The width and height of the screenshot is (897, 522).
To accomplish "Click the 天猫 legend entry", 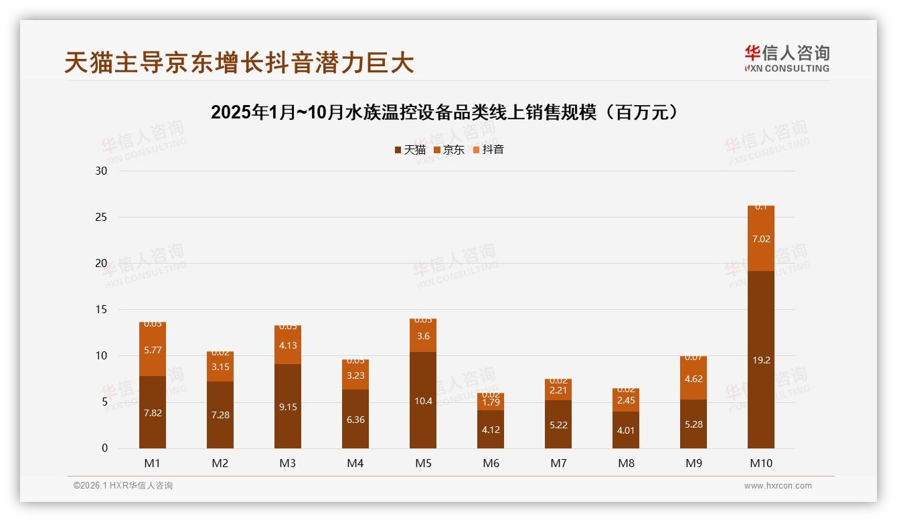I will (410, 149).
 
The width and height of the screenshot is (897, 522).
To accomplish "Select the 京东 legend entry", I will (448, 149).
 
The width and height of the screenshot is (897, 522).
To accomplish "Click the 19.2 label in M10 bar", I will (761, 360).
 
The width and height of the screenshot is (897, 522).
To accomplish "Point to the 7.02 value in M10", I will (761, 239).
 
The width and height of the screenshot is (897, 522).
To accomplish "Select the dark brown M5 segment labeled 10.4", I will (423, 401).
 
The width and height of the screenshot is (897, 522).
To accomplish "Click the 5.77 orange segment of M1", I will (153, 350).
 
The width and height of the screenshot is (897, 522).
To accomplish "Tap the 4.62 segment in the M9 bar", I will (694, 378).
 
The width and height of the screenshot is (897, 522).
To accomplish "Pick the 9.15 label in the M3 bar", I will (288, 406).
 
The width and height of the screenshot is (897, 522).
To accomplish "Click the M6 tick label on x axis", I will (491, 463).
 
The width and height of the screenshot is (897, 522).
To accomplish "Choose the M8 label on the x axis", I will (626, 463).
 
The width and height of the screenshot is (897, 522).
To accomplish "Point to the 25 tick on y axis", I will (101, 217).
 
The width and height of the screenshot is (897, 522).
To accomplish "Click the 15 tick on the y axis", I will (101, 310).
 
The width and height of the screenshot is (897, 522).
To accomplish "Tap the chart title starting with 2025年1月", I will (448, 112).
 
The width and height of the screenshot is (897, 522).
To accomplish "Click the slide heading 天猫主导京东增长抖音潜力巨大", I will (240, 62).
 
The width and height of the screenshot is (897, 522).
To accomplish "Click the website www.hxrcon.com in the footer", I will (778, 486).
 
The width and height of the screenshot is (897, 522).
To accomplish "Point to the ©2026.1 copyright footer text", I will (123, 486).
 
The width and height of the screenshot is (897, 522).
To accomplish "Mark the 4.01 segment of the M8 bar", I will (626, 430).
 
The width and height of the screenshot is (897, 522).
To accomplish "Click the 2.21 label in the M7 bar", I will (558, 390).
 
